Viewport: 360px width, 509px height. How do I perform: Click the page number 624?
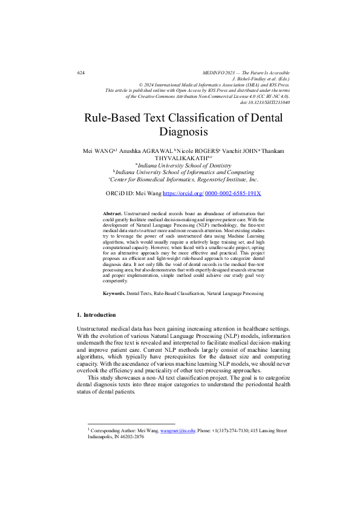tap(81, 73)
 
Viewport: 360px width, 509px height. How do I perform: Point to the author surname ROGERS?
tap(198, 149)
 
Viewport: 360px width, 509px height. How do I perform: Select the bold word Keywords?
tap(114, 293)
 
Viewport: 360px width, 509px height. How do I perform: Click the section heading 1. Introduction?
tap(96, 315)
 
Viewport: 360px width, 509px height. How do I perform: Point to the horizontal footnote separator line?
tap(131, 424)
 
